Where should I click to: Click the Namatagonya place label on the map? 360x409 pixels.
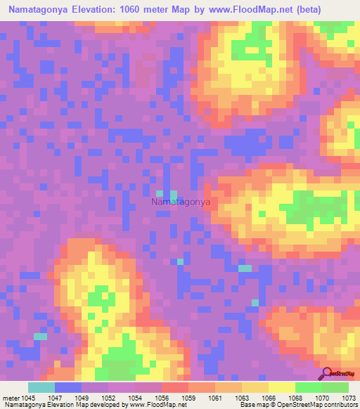point(181,202)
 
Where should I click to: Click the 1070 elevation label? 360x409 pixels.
point(323,396)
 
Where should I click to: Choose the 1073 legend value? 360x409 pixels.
point(348,396)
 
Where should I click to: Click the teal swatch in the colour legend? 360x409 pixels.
point(41,387)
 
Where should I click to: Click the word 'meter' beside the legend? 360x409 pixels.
point(11,396)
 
